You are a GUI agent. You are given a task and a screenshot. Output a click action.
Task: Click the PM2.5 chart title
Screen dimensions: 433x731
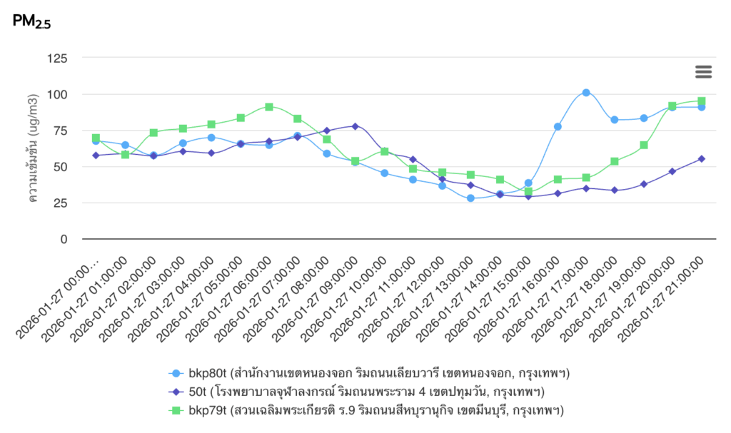click(x=31, y=21)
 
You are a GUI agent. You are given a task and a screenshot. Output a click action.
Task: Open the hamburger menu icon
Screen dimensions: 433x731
click(x=703, y=71)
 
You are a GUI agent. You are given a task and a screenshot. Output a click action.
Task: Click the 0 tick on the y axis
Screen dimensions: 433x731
click(x=64, y=239)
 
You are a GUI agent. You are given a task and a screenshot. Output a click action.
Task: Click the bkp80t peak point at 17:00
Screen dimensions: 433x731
click(x=586, y=93)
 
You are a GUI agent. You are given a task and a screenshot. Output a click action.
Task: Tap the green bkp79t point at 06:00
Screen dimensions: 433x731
click(x=269, y=107)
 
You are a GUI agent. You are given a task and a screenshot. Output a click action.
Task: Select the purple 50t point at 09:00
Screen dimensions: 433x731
click(x=356, y=126)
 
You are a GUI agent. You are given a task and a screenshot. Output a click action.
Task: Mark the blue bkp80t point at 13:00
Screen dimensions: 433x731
click(x=470, y=198)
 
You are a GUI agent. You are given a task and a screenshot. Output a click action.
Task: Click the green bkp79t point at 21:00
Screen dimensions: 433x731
click(x=702, y=101)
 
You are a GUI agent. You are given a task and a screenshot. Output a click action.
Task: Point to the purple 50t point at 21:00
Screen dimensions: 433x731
click(x=702, y=158)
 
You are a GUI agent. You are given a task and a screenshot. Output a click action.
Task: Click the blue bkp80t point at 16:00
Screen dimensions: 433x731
click(x=558, y=127)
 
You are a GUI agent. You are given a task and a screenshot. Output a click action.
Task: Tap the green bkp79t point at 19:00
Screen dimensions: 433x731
click(x=644, y=145)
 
